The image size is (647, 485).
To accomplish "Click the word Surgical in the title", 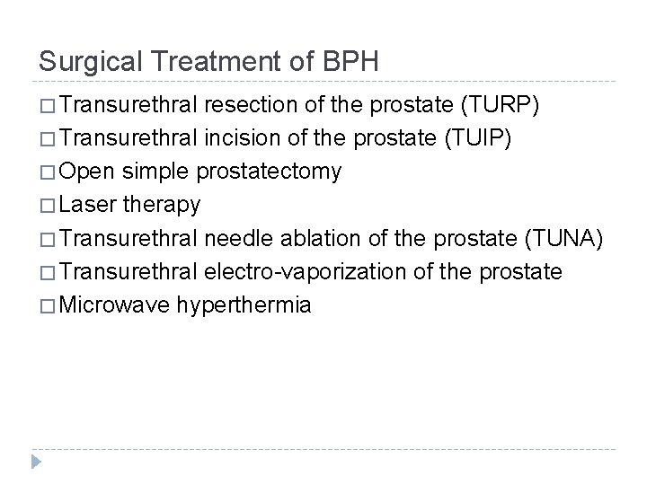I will point(80,62).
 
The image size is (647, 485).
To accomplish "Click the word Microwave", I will point(117,304).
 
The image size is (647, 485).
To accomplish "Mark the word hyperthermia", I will point(244,305).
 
